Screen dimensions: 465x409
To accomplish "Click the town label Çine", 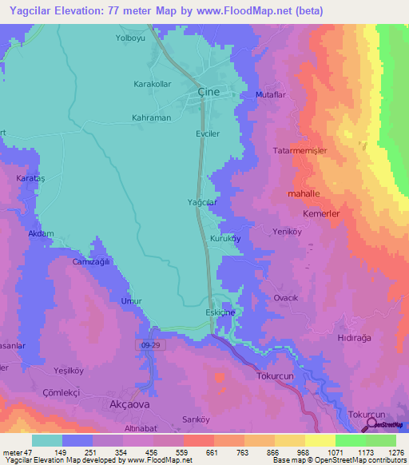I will click(x=208, y=92).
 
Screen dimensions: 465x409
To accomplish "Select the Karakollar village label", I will click(x=153, y=84).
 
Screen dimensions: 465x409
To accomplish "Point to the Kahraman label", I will click(x=151, y=117).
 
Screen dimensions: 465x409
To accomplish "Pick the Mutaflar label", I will click(x=270, y=94).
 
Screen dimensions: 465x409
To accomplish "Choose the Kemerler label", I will click(x=322, y=215).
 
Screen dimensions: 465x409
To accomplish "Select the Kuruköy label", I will click(x=225, y=239).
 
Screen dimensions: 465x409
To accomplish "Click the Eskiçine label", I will click(x=220, y=312).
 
